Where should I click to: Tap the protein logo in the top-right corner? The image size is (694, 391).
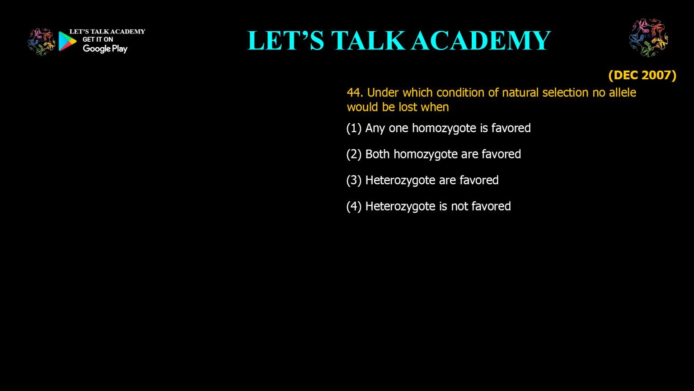(648, 38)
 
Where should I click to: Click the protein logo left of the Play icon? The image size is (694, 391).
(42, 42)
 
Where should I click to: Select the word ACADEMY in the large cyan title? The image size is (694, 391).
(481, 40)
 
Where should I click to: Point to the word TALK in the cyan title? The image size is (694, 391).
(368, 40)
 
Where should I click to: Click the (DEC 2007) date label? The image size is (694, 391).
(642, 76)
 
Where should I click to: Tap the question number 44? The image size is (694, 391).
(355, 92)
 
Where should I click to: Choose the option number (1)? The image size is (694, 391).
(354, 128)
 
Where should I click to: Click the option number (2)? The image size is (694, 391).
(354, 154)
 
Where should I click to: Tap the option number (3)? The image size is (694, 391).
(354, 180)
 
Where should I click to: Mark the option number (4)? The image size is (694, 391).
(354, 206)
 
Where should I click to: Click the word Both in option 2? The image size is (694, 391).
(377, 154)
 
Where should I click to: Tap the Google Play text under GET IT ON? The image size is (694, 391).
(105, 49)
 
